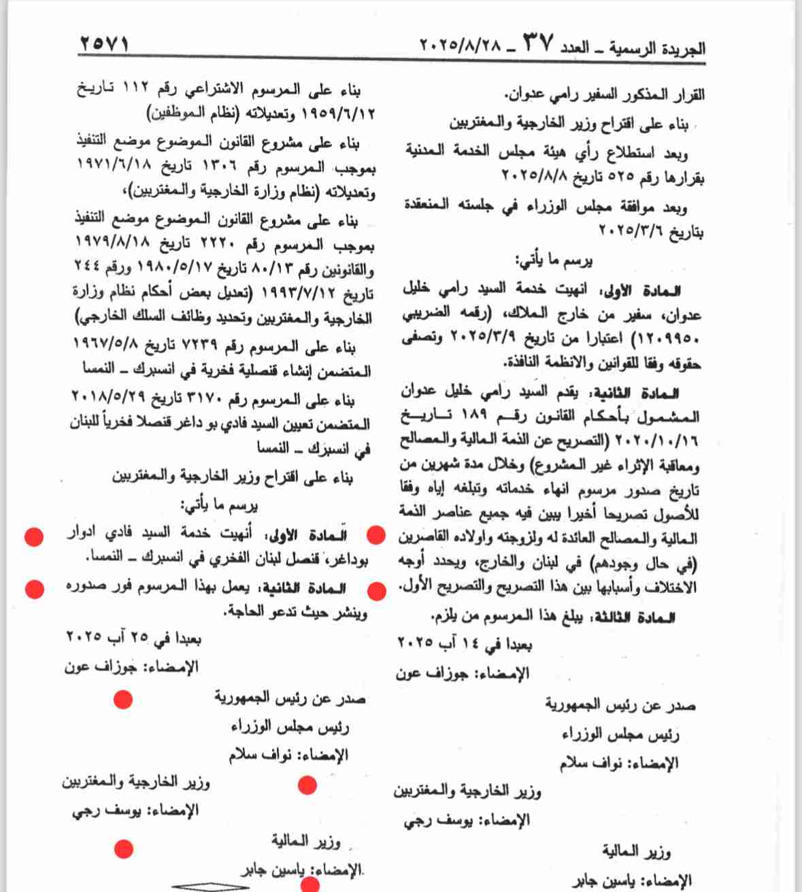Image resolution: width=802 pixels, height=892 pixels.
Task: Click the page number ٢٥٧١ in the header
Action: coord(104,45)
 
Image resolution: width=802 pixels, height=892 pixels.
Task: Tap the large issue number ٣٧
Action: coord(538,45)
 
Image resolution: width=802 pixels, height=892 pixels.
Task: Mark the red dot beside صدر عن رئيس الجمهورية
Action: coord(123,699)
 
